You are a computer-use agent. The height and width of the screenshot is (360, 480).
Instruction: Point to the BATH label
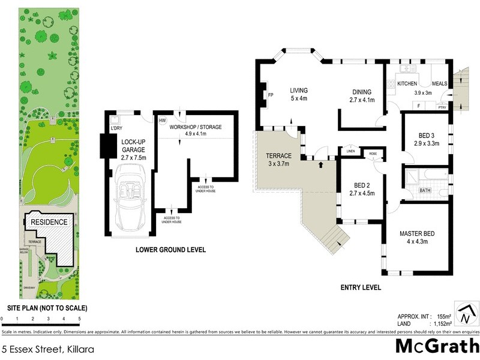(425, 190)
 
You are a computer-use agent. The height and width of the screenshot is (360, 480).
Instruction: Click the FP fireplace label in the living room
(271, 95)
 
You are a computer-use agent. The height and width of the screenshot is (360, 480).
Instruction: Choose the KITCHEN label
(407, 83)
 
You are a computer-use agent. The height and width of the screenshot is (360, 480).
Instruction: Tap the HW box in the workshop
(162, 120)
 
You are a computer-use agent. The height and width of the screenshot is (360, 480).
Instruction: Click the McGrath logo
(437, 346)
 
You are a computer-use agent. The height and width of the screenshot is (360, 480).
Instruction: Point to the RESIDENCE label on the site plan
(49, 221)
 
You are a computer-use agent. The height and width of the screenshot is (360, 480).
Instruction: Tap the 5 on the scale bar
(79, 319)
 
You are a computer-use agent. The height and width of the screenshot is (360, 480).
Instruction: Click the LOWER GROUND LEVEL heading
(170, 250)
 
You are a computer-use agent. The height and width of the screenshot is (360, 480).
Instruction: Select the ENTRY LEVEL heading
(360, 288)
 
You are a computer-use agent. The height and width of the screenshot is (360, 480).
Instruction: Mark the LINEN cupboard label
(351, 151)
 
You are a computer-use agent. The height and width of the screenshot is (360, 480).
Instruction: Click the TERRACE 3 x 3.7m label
(278, 159)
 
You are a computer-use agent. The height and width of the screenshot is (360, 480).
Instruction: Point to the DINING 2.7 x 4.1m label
(362, 96)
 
